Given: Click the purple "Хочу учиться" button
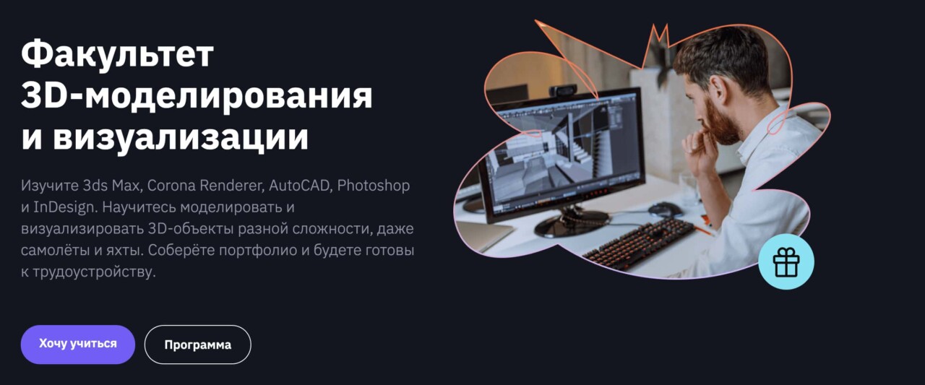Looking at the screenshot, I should (x=78, y=344).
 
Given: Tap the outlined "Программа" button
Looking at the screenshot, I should (x=197, y=345).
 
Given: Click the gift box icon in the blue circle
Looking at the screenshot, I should (x=786, y=262).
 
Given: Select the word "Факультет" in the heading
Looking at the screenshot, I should (x=117, y=54).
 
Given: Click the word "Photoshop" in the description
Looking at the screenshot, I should (x=374, y=186).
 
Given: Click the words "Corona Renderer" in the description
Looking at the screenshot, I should (x=205, y=186).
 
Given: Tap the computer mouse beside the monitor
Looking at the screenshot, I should (x=664, y=209).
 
